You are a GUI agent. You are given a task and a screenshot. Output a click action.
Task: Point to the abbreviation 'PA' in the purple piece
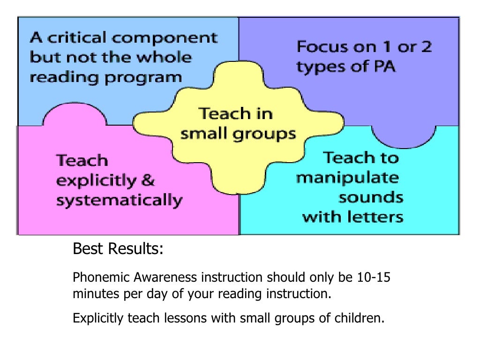tap(384, 67)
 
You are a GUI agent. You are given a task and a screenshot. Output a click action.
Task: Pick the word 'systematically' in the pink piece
tap(119, 201)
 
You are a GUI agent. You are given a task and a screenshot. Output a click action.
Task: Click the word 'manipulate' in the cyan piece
tap(348, 178)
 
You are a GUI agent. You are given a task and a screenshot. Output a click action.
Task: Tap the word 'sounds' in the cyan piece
tap(371, 197)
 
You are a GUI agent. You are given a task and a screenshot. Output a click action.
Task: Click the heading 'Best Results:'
tap(118, 249)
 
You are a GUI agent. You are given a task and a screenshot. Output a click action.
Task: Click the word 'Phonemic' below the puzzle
tap(95, 278)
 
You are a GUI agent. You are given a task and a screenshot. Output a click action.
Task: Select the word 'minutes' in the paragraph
tap(90, 295)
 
